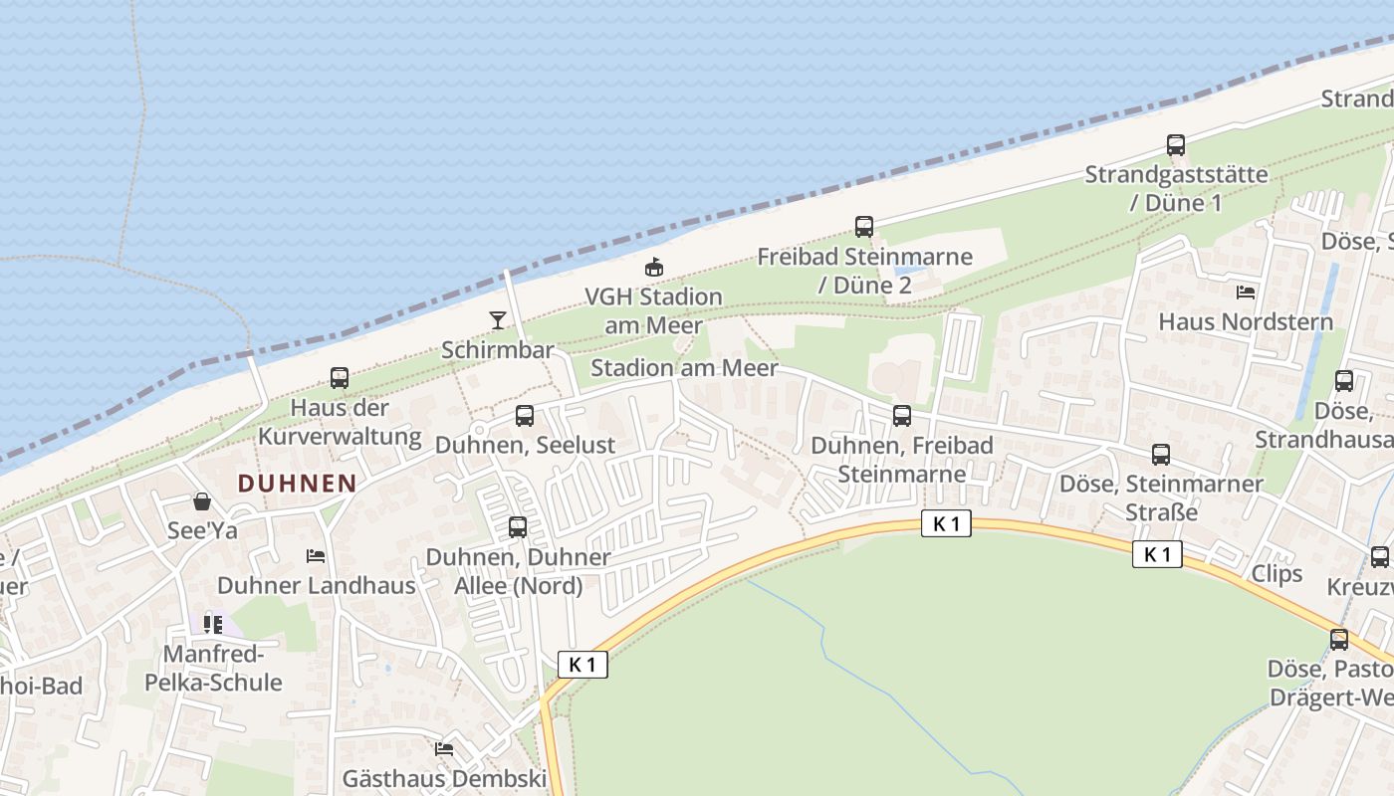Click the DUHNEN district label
297,484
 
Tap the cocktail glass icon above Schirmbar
498,319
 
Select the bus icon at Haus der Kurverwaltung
340,378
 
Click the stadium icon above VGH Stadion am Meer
653,267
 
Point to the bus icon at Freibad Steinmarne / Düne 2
864,227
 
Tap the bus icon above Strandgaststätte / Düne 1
1176,145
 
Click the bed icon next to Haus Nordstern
1245,293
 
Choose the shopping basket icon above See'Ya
202,501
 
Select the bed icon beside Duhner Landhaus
316,556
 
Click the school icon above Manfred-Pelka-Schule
213,624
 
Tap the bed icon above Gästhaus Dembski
444,748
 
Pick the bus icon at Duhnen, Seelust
525,416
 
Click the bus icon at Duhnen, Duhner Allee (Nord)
518,527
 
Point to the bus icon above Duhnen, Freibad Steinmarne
902,416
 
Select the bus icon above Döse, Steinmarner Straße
1160,455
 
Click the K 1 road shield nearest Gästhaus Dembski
582,665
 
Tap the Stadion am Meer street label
684,367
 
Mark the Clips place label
1277,574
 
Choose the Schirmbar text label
498,352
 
